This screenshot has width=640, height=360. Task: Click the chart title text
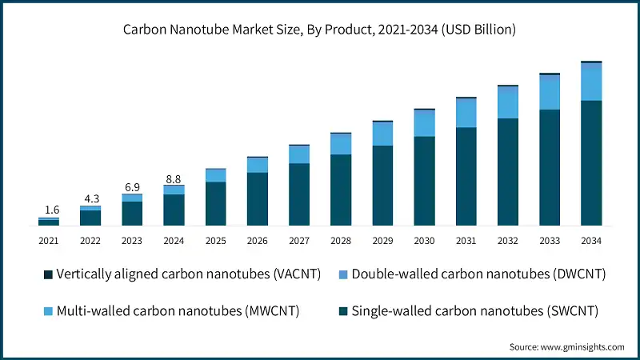coord(319,30)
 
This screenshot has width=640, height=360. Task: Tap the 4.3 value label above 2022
coord(90,197)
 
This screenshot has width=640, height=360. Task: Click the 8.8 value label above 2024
coord(174,178)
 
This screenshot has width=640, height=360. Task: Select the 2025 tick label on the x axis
coord(215,241)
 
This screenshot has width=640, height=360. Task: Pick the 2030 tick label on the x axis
coord(424,241)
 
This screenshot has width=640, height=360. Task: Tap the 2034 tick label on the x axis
coord(591,241)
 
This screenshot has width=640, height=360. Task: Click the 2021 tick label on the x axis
coord(49,241)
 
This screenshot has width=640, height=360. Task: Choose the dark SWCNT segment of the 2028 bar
coord(341,190)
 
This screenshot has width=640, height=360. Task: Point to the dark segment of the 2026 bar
coord(258,199)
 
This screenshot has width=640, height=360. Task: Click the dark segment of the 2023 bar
coord(132,214)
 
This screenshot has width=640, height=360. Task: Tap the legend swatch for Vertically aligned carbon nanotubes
coord(48,274)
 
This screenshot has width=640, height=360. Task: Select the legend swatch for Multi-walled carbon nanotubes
coord(48,310)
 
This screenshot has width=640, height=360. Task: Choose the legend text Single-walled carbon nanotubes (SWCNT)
coord(474,310)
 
